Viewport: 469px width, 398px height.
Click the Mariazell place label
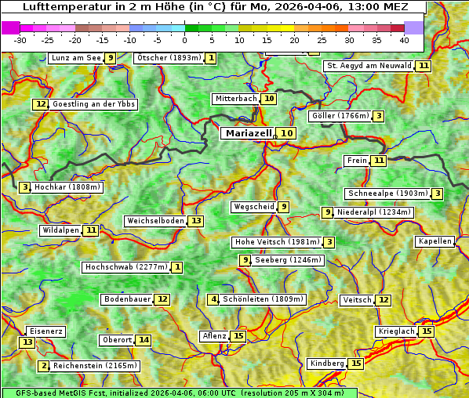coord(248,133)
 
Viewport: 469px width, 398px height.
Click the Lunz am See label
coord(75,58)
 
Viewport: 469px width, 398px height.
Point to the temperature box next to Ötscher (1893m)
coord(211,58)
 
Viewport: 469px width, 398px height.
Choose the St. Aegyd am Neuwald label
coord(369,66)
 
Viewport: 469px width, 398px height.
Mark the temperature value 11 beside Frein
coord(379,161)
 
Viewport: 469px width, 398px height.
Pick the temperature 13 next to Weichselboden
coord(195,221)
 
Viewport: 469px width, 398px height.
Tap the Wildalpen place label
coord(60,230)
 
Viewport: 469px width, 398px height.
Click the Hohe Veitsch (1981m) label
coord(276,242)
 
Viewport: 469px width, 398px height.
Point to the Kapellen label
coord(434,241)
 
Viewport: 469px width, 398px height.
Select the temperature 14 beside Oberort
coord(143,340)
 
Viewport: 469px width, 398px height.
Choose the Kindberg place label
coord(327,364)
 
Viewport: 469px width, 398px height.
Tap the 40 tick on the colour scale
coord(404,40)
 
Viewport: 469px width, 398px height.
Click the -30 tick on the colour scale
coord(20,40)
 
